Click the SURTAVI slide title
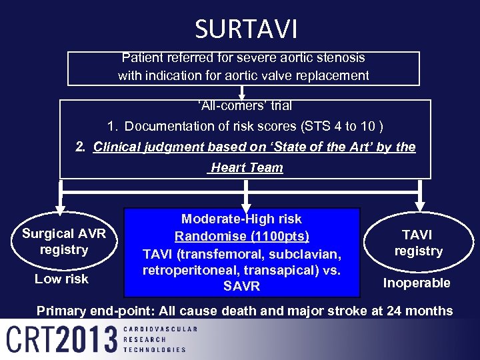pos(246,29)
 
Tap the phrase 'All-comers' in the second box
pos(224,105)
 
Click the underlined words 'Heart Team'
pos(246,168)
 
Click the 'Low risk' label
pos(61,279)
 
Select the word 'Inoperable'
pos(417,283)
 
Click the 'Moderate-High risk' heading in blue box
pos(241,219)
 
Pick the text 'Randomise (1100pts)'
pos(241,236)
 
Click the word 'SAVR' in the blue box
pos(241,287)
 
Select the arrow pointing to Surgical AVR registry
pos(62,203)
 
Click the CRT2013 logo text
pos(62,339)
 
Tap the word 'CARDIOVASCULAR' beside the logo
pos(161,329)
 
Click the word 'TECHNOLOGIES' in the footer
pos(155,349)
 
